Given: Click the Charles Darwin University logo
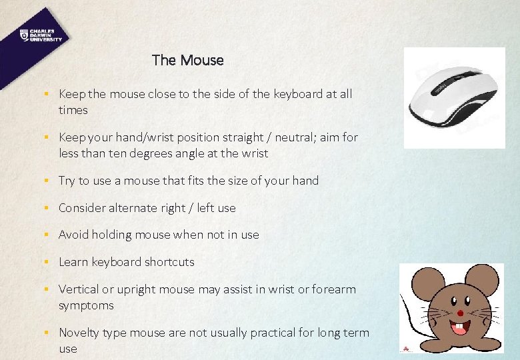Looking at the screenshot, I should click(x=41, y=35).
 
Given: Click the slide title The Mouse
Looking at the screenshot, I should click(x=187, y=60).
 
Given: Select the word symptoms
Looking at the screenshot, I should click(x=86, y=306).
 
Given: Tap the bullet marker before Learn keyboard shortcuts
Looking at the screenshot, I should click(x=47, y=262).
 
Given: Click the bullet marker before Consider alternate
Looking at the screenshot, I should click(x=47, y=208).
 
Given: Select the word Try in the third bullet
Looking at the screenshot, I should click(x=66, y=181).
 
